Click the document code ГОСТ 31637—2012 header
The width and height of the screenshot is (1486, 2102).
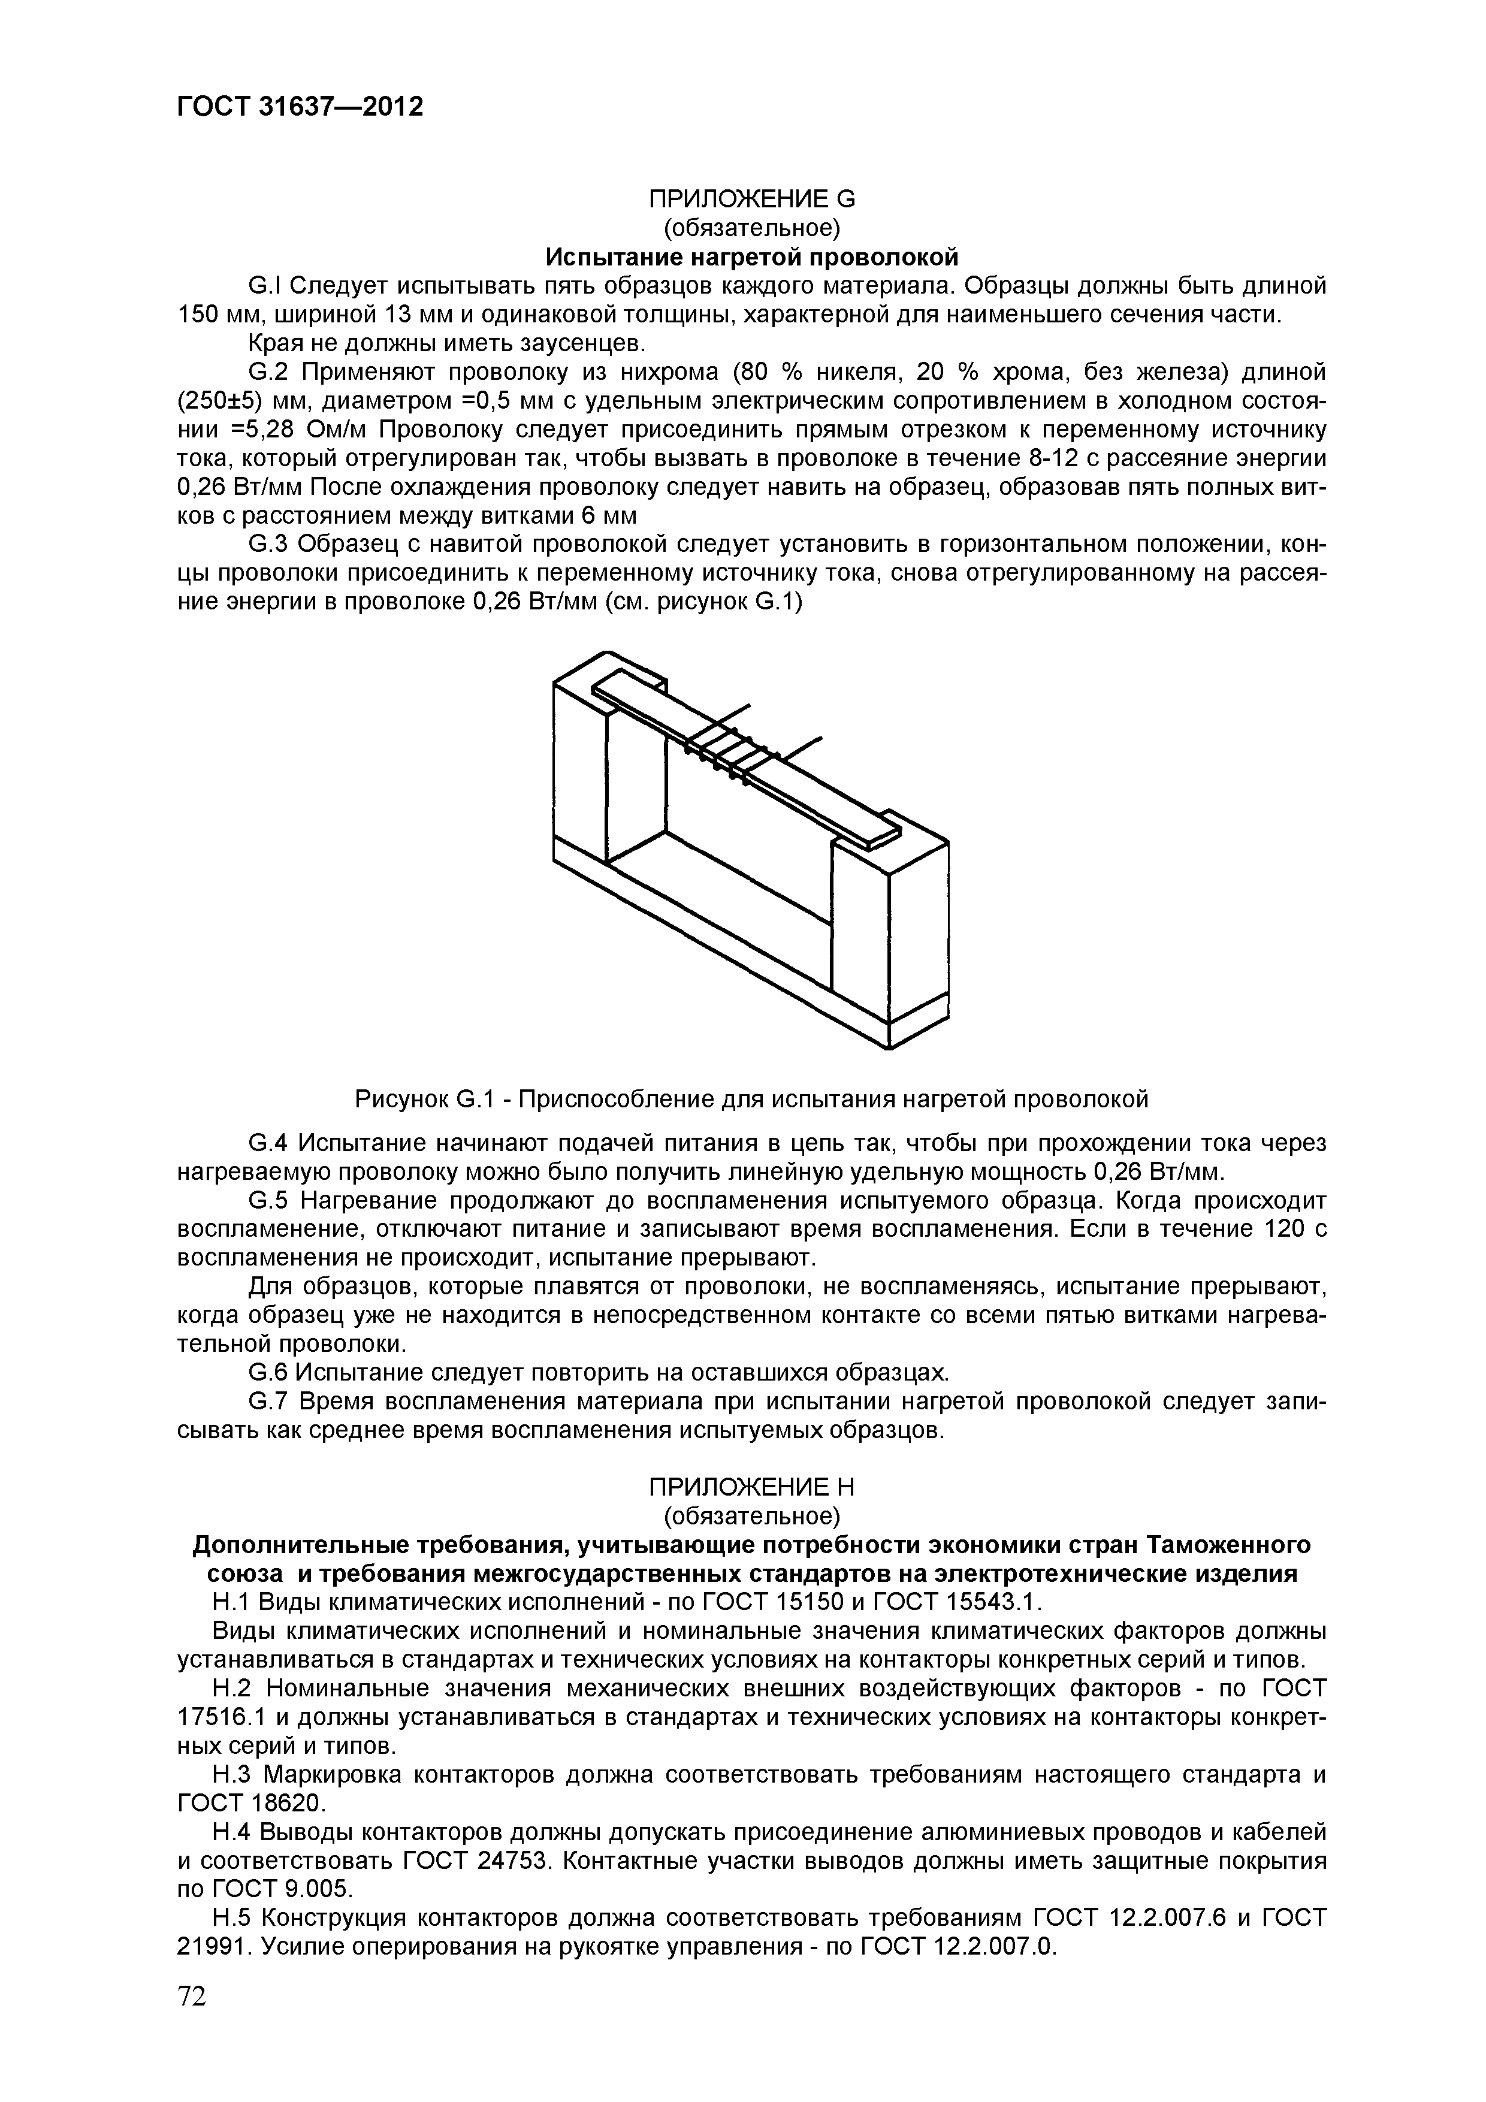[x=300, y=107]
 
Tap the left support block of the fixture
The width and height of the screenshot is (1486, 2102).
[x=579, y=778]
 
